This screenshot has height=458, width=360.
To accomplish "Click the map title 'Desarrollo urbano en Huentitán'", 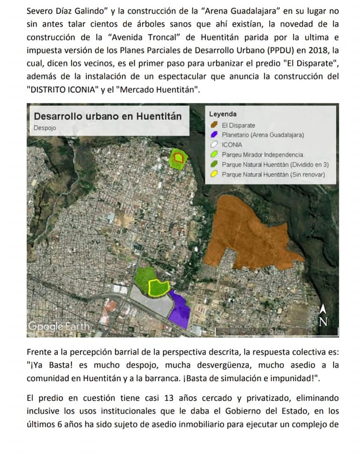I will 108,116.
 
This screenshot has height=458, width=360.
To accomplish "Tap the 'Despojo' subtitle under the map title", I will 45,128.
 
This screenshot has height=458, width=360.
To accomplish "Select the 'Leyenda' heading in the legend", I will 222,114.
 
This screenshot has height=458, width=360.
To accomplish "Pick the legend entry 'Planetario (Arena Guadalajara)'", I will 263,135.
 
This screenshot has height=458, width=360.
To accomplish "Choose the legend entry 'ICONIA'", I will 232,145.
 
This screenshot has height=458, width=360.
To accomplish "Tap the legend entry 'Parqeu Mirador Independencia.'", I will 263,155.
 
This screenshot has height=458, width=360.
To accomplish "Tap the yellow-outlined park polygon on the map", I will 159,287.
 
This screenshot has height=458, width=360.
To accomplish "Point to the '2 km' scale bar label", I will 276,331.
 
